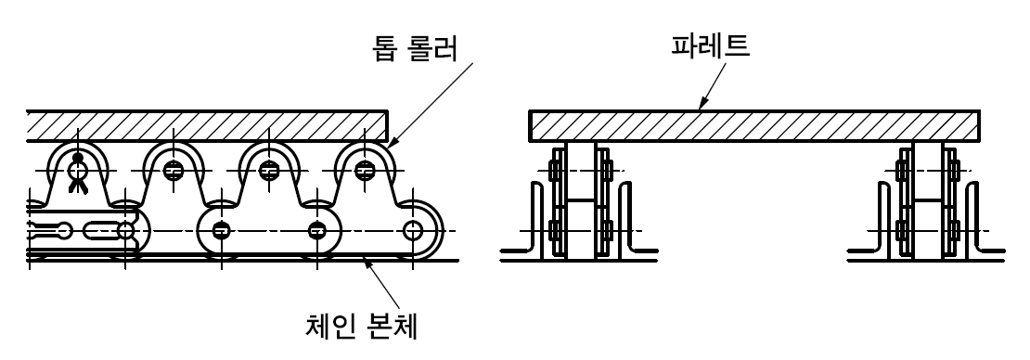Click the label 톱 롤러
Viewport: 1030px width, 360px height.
(415, 48)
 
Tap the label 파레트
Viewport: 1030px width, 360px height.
(710, 45)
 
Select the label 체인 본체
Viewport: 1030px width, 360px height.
(362, 326)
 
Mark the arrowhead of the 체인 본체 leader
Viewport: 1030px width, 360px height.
(369, 264)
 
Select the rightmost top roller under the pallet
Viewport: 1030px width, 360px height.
(365, 170)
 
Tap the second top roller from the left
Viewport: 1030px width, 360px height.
(174, 170)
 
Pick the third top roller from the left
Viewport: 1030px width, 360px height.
(269, 170)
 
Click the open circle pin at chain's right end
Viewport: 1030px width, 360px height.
(413, 231)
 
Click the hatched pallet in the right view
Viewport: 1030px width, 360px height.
(754, 126)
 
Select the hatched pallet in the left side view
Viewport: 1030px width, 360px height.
(207, 126)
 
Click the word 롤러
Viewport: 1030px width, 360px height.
(434, 48)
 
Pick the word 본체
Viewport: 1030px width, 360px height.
(389, 326)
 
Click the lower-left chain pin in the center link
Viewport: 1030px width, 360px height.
(222, 231)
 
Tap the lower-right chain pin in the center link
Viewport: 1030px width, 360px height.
(317, 231)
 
